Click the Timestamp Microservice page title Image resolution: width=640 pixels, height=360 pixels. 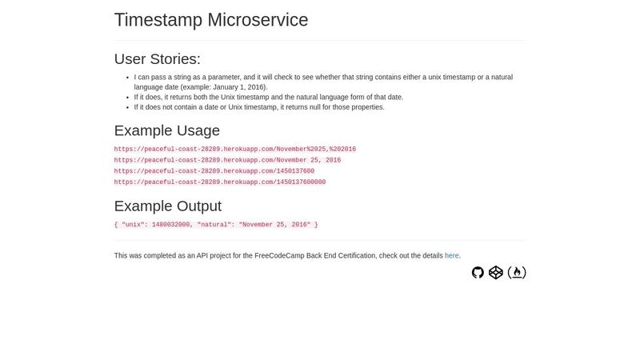211,20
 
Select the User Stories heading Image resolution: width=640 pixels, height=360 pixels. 158,58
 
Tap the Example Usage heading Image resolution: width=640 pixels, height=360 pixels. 167,130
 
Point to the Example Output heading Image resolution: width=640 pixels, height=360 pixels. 168,206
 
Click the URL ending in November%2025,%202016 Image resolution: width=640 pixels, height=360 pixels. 235,149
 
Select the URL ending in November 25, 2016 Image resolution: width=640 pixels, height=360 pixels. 227,160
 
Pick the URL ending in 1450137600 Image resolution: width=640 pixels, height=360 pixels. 214,171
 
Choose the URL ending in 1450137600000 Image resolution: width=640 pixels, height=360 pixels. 220,182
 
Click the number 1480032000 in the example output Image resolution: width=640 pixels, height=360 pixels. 171,225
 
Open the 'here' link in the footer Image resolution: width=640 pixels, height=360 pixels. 452,255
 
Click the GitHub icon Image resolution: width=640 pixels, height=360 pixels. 478,273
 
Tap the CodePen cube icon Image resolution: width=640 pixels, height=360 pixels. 496,273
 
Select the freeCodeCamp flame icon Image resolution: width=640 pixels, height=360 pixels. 517,273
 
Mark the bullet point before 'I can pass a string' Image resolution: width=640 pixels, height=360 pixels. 128,78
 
